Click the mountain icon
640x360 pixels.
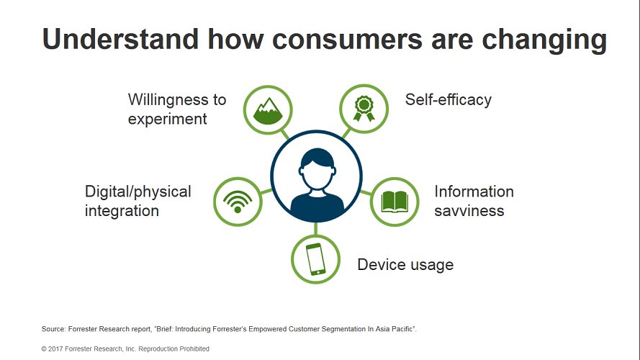click(268, 111)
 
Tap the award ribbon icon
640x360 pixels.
click(364, 108)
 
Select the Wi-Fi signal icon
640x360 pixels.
click(238, 202)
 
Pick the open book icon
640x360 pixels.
click(395, 202)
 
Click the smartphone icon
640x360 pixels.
click(315, 259)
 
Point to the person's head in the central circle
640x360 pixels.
click(317, 168)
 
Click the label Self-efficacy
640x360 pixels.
click(449, 100)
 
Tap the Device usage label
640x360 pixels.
click(405, 265)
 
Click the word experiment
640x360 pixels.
click(167, 120)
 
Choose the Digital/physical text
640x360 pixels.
click(138, 192)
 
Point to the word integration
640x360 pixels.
click(122, 211)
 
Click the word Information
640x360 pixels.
click(474, 192)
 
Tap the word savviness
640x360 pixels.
click(469, 211)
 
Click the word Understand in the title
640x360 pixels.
click(120, 39)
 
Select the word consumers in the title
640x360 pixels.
click(347, 40)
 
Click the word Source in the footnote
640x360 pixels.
click(53, 329)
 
